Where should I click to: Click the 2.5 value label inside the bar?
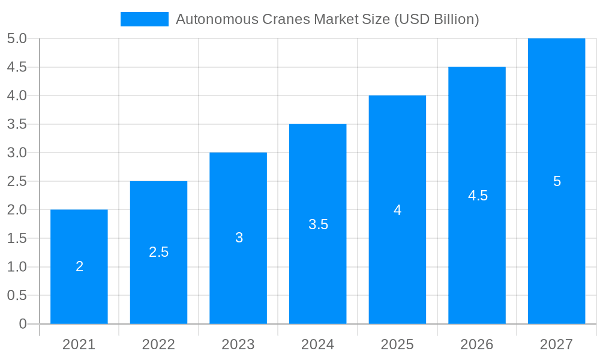tap(159, 253)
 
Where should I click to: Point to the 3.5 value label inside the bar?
tap(318, 224)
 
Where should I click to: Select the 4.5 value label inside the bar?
tap(478, 196)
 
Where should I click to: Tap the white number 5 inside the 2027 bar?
tap(557, 181)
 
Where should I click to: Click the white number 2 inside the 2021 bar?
tap(79, 267)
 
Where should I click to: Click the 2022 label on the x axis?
tap(158, 344)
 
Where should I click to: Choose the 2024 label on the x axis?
tap(318, 344)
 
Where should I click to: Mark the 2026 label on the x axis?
tap(477, 344)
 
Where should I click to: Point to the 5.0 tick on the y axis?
tap(17, 38)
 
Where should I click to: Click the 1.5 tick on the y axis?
tap(17, 238)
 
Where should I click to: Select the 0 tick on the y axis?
tap(23, 324)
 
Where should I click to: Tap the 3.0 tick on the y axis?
tap(17, 152)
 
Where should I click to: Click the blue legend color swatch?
tap(145, 19)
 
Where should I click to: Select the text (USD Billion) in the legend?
tap(436, 19)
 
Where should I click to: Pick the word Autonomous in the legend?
tap(217, 19)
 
